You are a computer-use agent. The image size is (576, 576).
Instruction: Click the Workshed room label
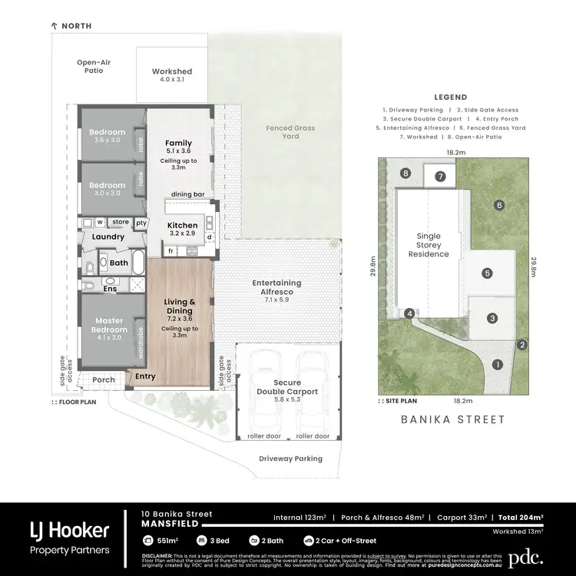[171, 75]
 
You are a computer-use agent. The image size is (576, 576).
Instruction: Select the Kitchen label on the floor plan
[183, 229]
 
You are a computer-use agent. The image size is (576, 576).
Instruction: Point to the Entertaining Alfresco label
[276, 287]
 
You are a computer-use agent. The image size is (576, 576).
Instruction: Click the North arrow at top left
[54, 26]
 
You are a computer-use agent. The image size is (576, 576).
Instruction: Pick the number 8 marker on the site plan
[406, 174]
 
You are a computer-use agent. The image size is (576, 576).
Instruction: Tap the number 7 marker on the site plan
[439, 177]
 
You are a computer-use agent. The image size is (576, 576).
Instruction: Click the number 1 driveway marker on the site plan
[497, 365]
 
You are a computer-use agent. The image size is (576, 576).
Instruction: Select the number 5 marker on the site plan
[487, 273]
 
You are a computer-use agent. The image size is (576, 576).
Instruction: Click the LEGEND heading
[450, 98]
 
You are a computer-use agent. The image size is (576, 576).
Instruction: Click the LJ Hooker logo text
[69, 530]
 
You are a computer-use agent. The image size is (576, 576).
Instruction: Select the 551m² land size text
[168, 541]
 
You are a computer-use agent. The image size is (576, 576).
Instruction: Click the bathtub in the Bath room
[139, 262]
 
